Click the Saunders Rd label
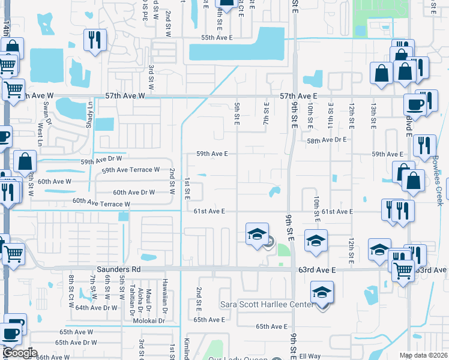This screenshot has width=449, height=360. click(x=116, y=270)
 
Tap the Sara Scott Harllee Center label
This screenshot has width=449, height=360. click(x=267, y=305)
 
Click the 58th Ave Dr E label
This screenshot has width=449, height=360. click(x=327, y=140)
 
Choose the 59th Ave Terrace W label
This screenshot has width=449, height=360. click(x=130, y=170)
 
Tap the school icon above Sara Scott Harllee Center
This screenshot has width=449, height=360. click(x=321, y=292)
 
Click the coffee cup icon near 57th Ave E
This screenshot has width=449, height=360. click(x=415, y=104)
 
